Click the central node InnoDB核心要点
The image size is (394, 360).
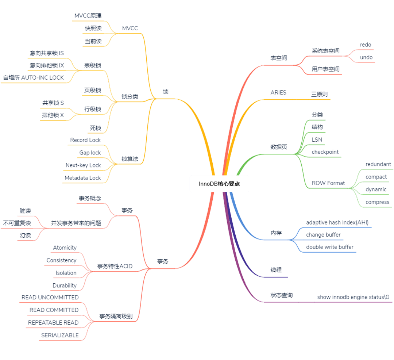[x=219, y=184]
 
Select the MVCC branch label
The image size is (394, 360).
[x=130, y=28]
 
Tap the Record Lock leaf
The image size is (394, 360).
[x=85, y=140]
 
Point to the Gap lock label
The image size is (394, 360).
[x=90, y=153]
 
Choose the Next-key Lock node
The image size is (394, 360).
[x=83, y=165]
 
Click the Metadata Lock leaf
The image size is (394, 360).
[x=82, y=178]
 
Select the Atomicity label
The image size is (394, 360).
[x=65, y=248]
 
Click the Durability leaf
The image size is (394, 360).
[x=65, y=286]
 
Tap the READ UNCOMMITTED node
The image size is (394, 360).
[x=50, y=298]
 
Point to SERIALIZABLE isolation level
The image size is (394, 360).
[x=59, y=335]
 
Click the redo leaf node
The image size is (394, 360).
[x=366, y=45]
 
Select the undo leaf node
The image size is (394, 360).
[x=366, y=57]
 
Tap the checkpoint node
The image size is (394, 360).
[x=325, y=152]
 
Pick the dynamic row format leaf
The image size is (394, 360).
[x=376, y=189]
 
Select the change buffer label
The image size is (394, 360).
[x=323, y=234]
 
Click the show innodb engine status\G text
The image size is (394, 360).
[x=353, y=297]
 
